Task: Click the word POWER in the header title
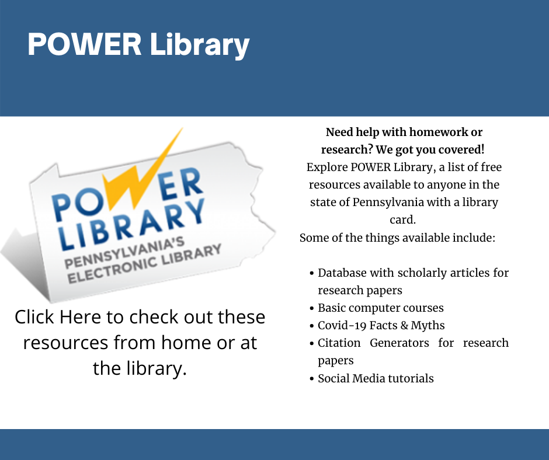point(85,44)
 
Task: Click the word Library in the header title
point(200,46)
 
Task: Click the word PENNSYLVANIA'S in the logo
point(124,253)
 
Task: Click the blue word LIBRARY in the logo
point(132,225)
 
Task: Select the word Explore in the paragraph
point(327,168)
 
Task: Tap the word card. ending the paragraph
point(402,220)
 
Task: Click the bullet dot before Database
point(312,273)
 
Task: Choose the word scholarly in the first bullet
point(422,273)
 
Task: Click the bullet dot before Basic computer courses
point(312,308)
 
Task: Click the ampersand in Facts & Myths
point(404,326)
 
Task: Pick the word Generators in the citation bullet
point(399,343)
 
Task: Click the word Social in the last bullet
point(333,378)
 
